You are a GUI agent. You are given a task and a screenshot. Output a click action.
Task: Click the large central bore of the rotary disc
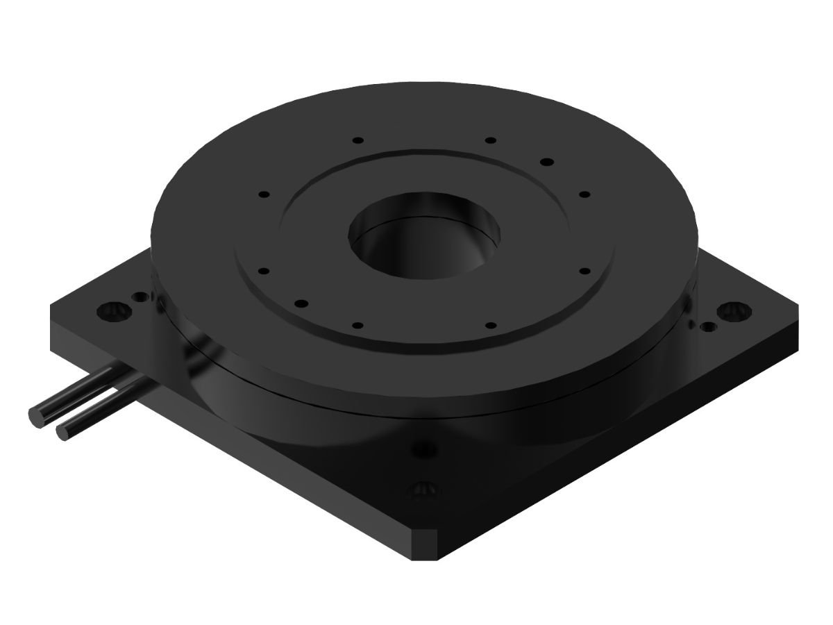tap(424, 236)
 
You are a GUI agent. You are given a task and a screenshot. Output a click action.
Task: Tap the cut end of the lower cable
tap(62, 431)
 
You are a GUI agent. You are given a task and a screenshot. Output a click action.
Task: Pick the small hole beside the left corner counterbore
tap(142, 298)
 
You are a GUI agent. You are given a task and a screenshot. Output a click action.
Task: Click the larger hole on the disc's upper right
tap(547, 162)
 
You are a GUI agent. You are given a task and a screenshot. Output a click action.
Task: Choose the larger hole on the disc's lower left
tap(301, 303)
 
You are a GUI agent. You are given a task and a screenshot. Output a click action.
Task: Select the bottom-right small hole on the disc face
tap(490, 325)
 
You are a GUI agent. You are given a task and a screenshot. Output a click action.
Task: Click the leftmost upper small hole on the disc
tap(263, 194)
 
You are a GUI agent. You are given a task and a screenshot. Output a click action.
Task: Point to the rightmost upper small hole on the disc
tap(584, 194)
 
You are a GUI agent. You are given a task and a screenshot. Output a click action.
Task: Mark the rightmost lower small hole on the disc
tap(584, 271)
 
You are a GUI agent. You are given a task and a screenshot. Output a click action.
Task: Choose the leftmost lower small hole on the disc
tap(263, 271)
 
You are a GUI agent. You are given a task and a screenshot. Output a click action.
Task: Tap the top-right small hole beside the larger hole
tap(490, 140)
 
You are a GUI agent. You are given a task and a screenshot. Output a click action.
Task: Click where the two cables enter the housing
tap(142, 381)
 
